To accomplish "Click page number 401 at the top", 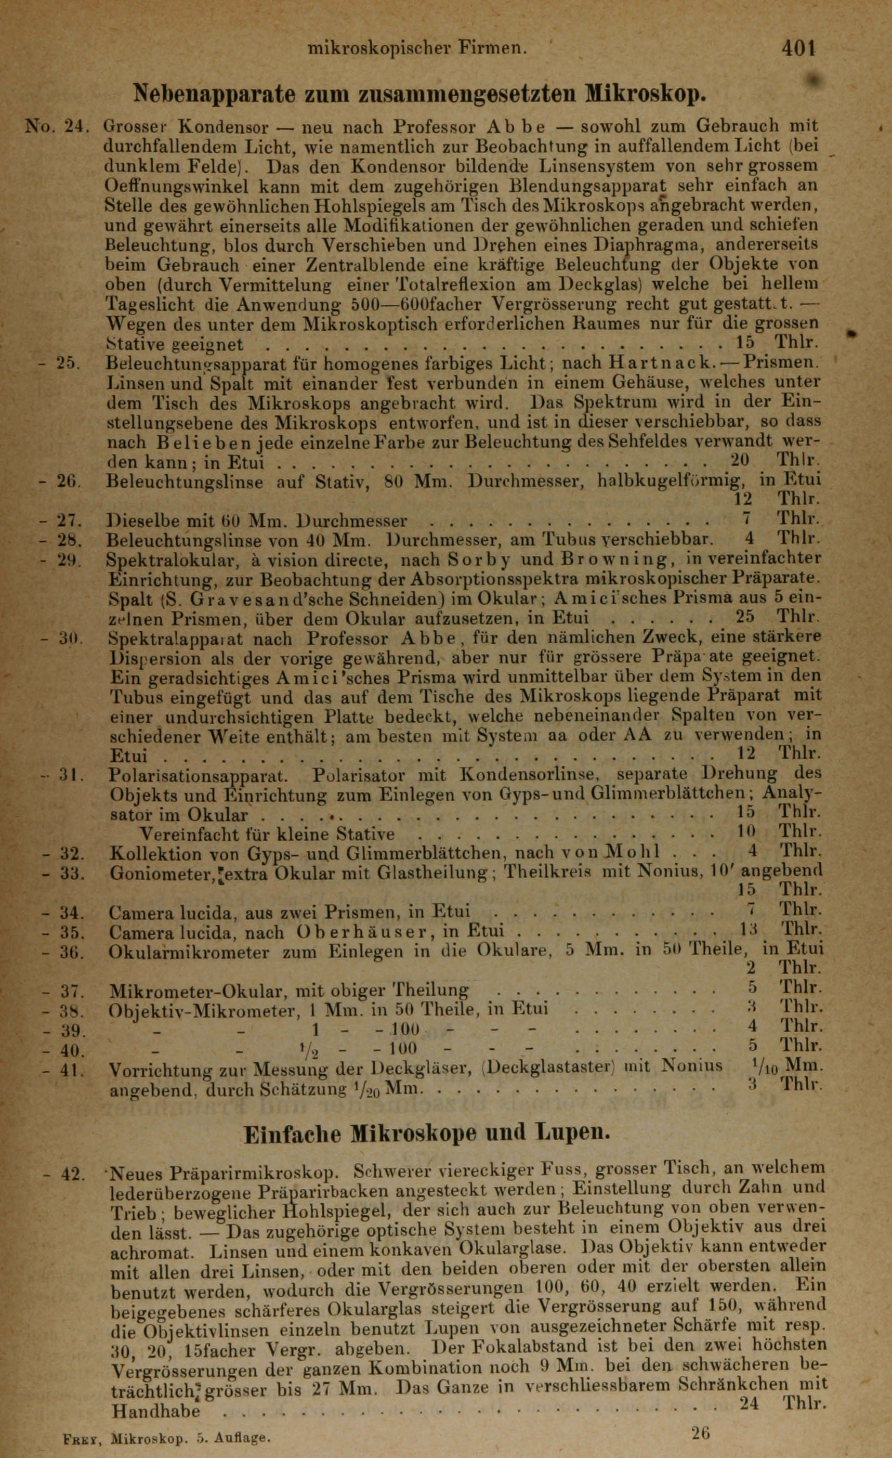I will pos(798,47).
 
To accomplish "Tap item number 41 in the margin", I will pos(72,1069).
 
